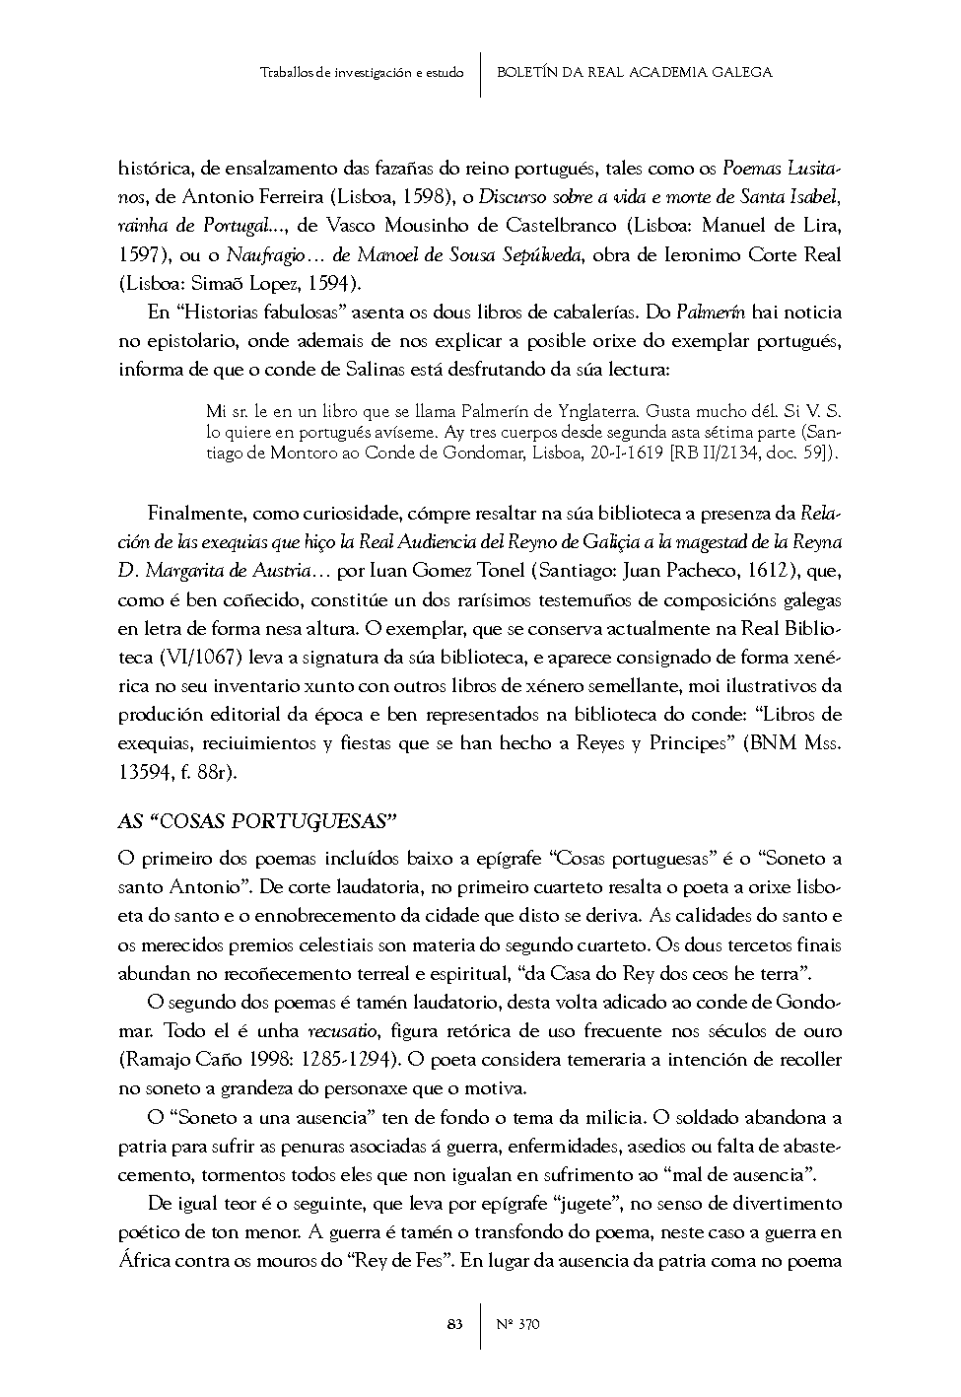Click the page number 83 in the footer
(454, 1324)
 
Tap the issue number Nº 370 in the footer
(519, 1324)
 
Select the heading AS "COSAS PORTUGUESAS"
(256, 820)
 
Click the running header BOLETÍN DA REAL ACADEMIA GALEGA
(634, 72)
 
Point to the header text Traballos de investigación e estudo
(362, 72)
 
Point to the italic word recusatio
(342, 1032)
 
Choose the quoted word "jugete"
(589, 1204)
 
